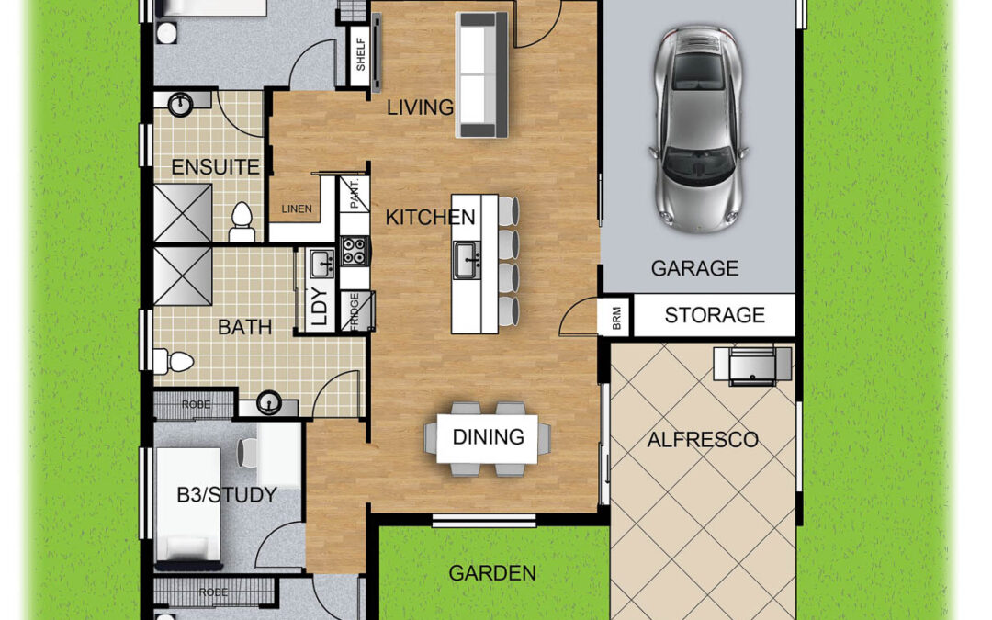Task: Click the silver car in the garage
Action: [698, 129]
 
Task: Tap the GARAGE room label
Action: [694, 268]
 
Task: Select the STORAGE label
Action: [715, 315]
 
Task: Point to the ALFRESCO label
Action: [703, 440]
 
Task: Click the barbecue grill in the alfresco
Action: [752, 366]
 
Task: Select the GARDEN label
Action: [492, 573]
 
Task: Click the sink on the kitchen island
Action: [467, 259]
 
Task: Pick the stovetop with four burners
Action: [355, 251]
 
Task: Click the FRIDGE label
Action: [355, 311]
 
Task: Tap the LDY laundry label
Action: [321, 307]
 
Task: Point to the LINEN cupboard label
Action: [297, 209]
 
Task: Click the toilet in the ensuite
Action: [242, 222]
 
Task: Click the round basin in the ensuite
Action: [182, 105]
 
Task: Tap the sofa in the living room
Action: [482, 74]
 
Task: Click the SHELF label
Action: [361, 54]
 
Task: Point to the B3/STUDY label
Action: [227, 495]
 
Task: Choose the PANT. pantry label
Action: [355, 194]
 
